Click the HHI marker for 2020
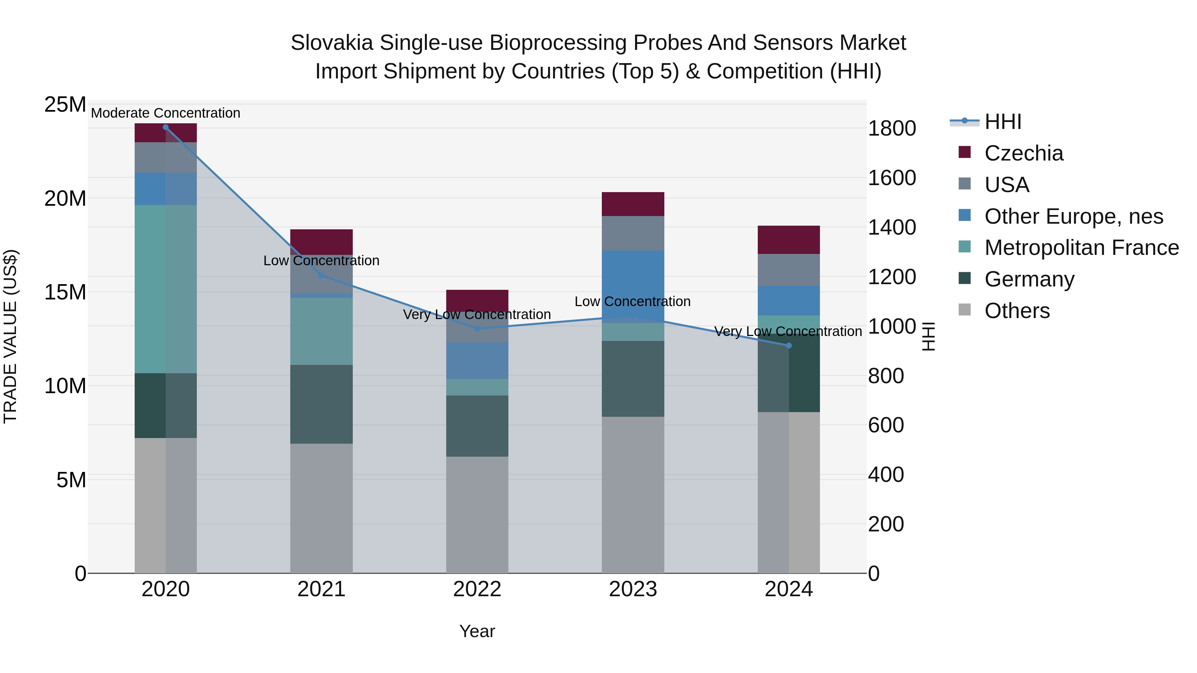166,127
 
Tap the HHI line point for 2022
477,328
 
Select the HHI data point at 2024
789,346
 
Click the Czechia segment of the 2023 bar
633,204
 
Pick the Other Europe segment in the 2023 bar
633,279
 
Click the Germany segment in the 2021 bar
321,404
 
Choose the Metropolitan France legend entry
1081,248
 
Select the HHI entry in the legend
1003,122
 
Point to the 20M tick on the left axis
65,198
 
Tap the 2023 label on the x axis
633,589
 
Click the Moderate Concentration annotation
166,113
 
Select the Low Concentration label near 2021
321,261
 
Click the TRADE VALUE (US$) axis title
10,336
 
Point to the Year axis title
477,631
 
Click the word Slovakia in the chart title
332,43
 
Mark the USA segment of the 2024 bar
789,270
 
